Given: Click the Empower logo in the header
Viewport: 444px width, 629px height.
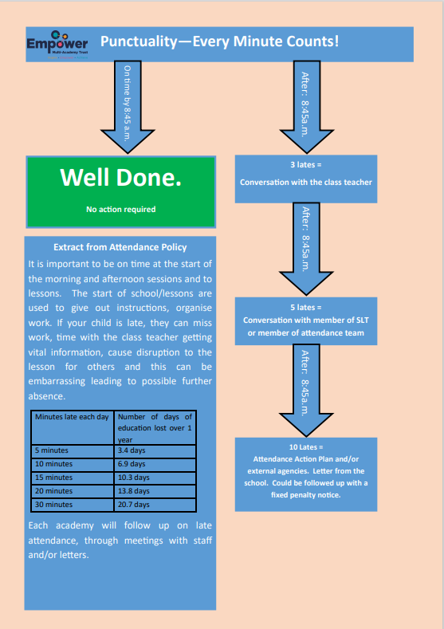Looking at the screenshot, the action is pos(57,45).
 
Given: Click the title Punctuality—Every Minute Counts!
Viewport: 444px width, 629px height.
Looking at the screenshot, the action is pos(219,41).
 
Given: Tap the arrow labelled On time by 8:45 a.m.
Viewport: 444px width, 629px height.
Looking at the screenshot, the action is pos(128,107).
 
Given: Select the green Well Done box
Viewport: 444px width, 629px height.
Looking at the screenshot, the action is pos(120,192).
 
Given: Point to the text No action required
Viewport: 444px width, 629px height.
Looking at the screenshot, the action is pos(120,209).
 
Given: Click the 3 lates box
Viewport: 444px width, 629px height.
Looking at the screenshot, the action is pos(306,179).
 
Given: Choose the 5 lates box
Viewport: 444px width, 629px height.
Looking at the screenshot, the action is pos(306,321).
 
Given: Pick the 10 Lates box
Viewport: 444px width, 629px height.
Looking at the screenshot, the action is pos(306,474).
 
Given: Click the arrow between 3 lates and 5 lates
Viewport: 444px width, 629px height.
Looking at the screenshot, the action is pos(306,249).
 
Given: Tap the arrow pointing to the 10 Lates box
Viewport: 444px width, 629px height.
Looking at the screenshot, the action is pos(306,391).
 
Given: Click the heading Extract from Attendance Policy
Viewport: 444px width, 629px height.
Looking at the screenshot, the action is pos(120,247).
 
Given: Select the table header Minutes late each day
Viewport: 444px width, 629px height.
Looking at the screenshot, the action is pos(72,417).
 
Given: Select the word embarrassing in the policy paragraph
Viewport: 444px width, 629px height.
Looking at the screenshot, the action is pos(57,382).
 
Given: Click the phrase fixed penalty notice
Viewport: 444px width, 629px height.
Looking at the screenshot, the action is pos(305,495).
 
